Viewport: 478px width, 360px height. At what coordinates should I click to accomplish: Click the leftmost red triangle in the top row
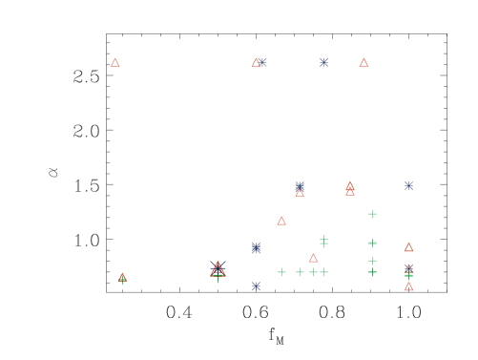point(115,63)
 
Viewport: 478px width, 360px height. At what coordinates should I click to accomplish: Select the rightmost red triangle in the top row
point(364,63)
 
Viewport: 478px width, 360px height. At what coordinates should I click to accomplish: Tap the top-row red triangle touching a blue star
point(256,63)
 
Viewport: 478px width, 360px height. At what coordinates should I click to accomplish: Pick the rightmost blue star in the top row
point(323,62)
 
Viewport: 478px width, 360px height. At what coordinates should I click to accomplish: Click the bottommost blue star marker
point(256,286)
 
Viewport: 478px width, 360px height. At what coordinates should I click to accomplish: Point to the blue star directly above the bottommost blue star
point(256,247)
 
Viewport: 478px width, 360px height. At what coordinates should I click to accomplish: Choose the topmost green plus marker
point(372,214)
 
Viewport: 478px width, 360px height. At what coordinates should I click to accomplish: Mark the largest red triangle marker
point(218,268)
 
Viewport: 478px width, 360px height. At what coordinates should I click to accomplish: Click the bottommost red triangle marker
point(408,286)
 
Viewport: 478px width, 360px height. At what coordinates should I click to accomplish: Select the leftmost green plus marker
point(122,280)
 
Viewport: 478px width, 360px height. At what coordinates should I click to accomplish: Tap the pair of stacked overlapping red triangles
point(350,188)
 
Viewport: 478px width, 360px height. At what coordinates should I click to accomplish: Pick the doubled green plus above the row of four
point(323,241)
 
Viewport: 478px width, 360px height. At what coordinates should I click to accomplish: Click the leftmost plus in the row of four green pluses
point(281,272)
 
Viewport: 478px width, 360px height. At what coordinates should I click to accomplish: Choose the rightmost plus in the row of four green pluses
point(323,272)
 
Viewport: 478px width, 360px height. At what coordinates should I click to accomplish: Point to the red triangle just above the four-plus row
point(313,258)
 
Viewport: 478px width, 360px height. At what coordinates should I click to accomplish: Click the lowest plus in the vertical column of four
point(372,272)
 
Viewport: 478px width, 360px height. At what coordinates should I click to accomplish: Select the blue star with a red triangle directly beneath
point(300,185)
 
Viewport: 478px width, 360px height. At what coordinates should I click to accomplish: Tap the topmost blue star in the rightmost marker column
point(408,185)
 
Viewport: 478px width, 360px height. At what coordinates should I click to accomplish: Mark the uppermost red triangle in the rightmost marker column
point(408,246)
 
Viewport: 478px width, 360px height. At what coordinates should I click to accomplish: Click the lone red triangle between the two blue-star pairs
point(281,221)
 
